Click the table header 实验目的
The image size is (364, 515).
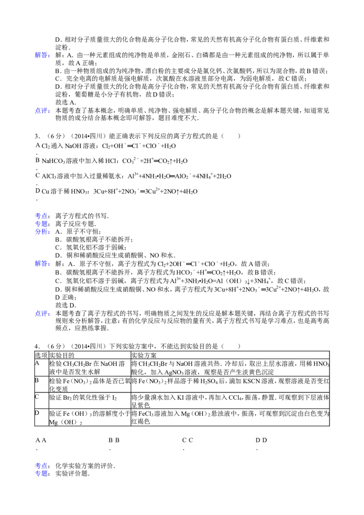tap(61, 355)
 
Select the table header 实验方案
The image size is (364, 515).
tap(144, 355)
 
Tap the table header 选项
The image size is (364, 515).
tap(41, 355)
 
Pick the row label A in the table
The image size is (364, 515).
tap(37, 363)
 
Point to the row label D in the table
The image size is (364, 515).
tap(37, 413)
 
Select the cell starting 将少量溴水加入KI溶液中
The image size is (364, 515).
tap(230, 401)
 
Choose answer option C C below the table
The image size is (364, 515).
tap(187, 440)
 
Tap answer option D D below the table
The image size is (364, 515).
tap(261, 440)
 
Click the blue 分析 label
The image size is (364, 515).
tap(43, 232)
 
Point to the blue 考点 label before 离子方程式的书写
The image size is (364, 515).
tap(43, 216)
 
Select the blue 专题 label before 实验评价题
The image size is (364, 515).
tap(43, 473)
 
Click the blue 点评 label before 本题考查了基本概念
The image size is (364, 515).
tap(43, 111)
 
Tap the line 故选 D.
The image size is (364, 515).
tap(66, 305)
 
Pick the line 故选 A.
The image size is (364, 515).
tap(66, 102)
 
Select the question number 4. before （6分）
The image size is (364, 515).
tap(37, 346)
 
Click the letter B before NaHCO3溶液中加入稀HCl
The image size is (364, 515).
tap(37, 160)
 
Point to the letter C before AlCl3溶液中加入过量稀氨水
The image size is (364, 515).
tap(37, 176)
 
